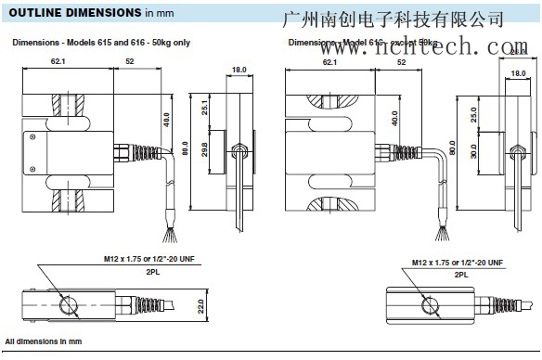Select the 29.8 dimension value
point(204,149)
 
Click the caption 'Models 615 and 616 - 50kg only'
point(115,43)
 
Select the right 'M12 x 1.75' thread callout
point(462,259)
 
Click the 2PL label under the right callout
point(461,275)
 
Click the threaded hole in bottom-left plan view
point(68,304)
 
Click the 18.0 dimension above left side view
point(239,69)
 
